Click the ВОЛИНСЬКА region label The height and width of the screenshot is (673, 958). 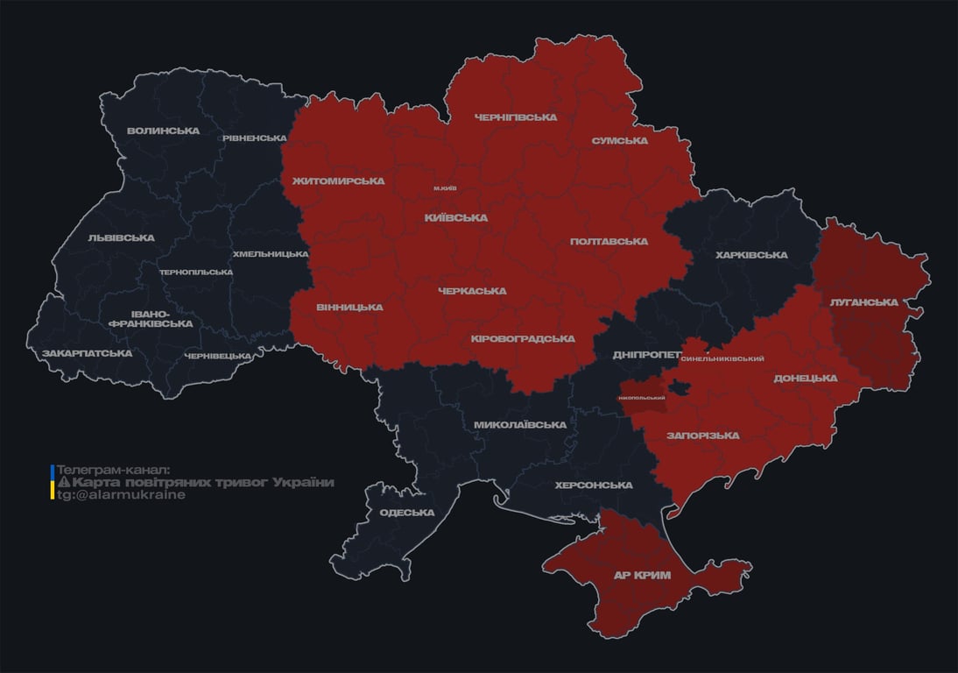(163, 131)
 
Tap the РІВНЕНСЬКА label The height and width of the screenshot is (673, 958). (254, 138)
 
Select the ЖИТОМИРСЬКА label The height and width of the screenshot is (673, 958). (338, 181)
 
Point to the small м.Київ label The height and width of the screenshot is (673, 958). (444, 188)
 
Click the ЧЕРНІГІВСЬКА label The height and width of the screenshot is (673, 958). (515, 117)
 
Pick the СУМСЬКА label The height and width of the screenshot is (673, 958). (619, 140)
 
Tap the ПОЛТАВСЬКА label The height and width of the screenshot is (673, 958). (609, 242)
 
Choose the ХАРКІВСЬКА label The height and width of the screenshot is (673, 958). (751, 256)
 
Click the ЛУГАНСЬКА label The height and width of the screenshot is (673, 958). (864, 302)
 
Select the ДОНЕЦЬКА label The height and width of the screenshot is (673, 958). (805, 379)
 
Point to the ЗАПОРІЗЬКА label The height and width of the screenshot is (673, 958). (702, 436)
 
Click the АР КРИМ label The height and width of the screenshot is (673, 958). (642, 576)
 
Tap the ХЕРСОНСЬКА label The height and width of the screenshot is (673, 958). (594, 485)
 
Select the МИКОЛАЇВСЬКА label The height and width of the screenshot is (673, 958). (519, 425)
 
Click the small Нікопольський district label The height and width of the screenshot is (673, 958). (642, 398)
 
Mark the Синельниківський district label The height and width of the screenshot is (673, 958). (722, 359)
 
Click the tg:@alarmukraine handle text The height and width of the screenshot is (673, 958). (121, 495)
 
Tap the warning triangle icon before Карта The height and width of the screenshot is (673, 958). (63, 483)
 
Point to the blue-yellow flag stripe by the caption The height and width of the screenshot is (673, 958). (53, 483)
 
